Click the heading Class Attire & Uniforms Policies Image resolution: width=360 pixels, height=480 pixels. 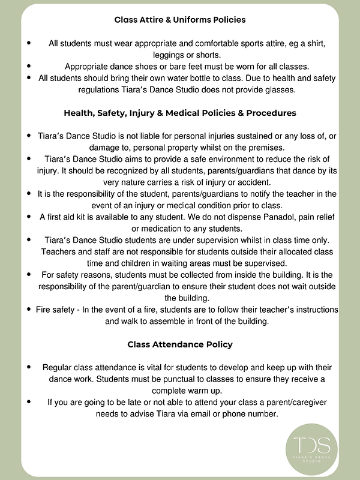180,20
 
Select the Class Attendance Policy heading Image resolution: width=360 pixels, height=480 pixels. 180,344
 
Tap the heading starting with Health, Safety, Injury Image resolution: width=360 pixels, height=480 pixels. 180,112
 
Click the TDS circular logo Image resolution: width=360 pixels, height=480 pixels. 311,445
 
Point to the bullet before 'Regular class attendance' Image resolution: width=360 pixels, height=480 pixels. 28,367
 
